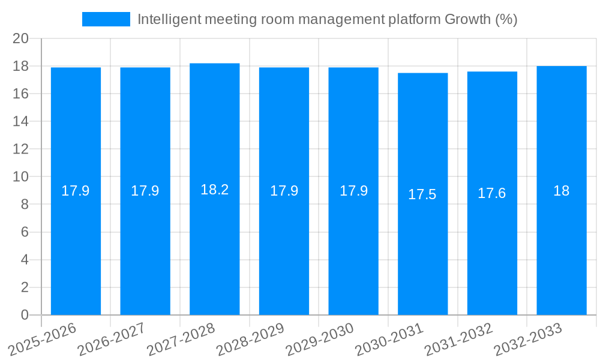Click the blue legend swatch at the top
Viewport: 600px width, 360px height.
pos(106,19)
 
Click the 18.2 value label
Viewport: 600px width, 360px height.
pos(215,190)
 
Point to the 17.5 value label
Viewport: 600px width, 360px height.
pos(422,194)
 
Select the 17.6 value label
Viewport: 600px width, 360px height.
pos(492,193)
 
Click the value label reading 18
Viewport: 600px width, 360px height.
pos(562,191)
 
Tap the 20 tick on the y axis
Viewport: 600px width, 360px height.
pos(21,38)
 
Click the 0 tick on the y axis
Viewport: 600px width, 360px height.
pos(25,315)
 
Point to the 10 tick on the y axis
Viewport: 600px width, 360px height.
pos(21,177)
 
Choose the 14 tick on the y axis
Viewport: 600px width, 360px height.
pos(21,121)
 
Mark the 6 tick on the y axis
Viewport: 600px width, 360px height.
pos(25,232)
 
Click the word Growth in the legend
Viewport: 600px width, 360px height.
pos(467,19)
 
